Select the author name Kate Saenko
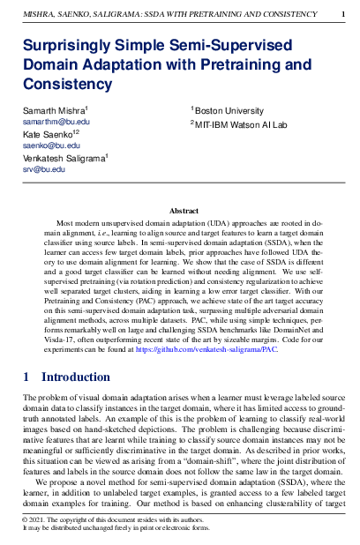click(x=42, y=133)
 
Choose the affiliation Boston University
click(x=230, y=111)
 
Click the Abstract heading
click(x=184, y=212)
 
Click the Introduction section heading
click(x=76, y=377)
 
